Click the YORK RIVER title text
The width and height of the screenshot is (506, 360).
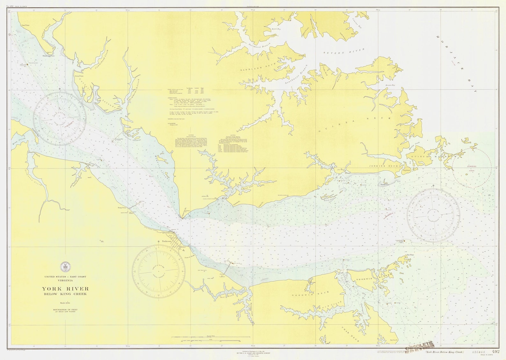(x=65, y=289)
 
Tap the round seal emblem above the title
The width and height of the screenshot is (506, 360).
(x=65, y=266)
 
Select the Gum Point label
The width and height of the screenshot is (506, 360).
(x=25, y=25)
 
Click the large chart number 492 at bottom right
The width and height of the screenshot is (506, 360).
(x=495, y=352)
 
